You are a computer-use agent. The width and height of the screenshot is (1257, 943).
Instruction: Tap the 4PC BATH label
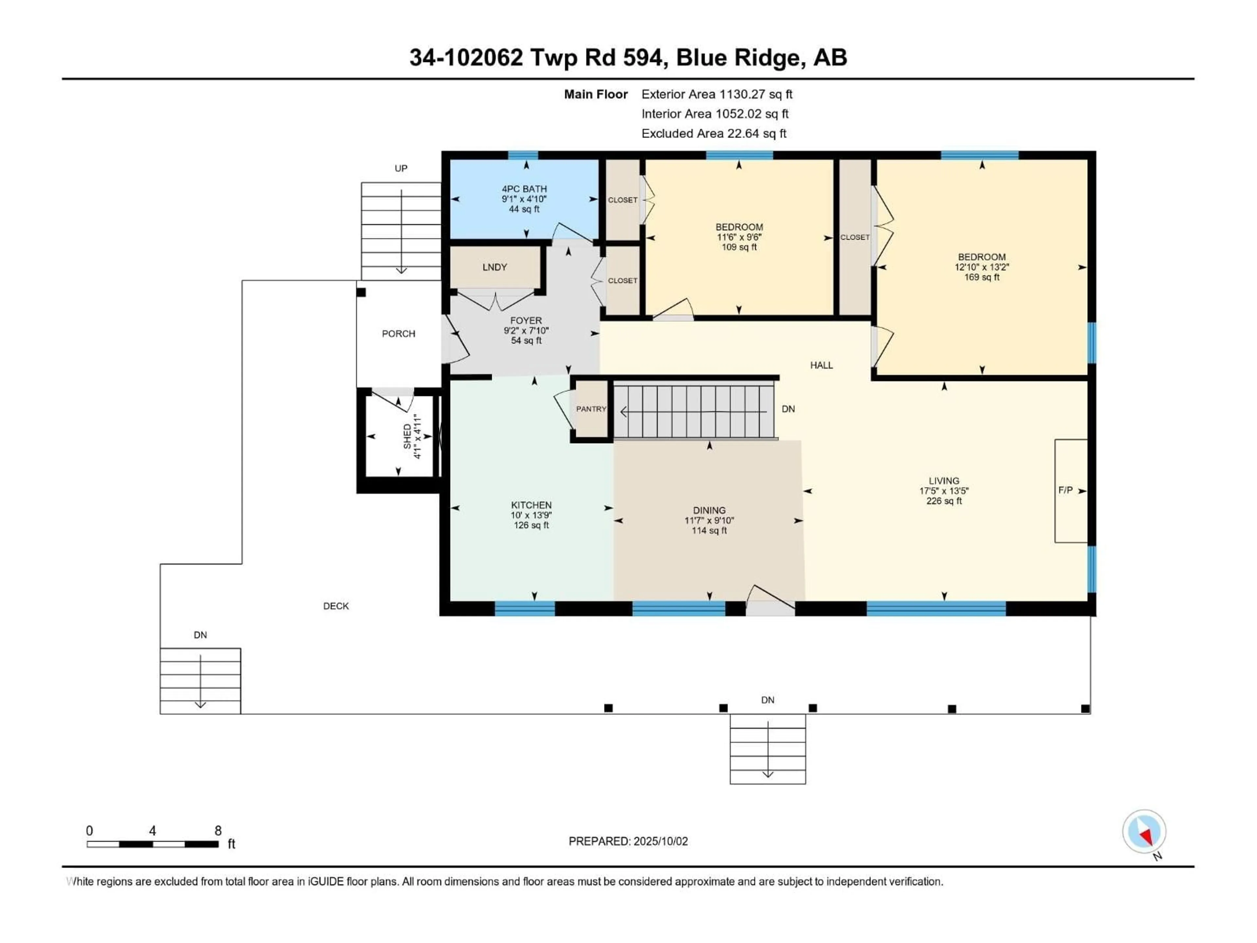pos(524,189)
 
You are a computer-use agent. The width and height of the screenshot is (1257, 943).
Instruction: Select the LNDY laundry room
pos(494,267)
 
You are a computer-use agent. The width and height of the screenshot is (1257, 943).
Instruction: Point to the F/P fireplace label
pos(1066,490)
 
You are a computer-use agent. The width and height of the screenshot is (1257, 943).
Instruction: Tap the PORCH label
pos(398,334)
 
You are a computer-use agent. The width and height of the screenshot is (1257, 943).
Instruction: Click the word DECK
pos(336,606)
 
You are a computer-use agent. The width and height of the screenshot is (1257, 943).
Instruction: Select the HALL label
pos(821,365)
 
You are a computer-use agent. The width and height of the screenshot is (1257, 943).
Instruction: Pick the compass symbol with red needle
pos(1144,832)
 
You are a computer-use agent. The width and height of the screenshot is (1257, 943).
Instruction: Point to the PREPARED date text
pos(628,841)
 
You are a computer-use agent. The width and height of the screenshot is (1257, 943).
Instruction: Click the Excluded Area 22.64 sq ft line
pos(714,134)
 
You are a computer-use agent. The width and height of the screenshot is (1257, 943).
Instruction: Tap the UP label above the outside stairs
pos(401,168)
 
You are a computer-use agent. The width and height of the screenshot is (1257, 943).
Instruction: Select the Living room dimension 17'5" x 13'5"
pos(944,491)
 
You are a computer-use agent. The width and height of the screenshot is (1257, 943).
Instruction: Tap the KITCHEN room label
pos(531,505)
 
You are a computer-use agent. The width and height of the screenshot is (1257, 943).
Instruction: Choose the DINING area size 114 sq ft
pos(709,531)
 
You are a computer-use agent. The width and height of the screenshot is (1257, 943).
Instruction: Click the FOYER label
pos(526,321)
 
